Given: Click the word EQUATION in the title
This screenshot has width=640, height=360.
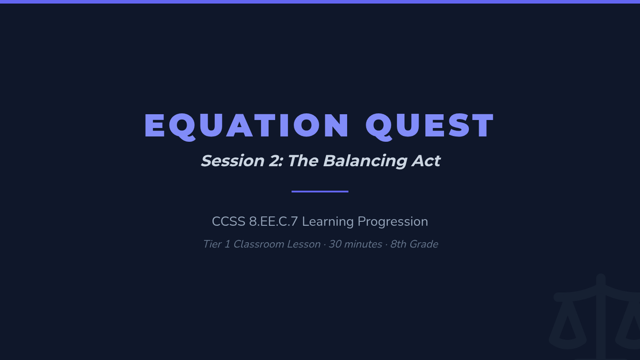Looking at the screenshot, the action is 246,126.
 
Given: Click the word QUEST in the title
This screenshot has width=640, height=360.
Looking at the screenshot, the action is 430,126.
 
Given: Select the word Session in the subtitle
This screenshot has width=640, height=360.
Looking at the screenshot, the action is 233,161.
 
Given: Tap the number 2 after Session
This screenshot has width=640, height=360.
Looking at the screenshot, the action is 275,161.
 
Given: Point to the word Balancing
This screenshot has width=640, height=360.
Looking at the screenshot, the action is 365,162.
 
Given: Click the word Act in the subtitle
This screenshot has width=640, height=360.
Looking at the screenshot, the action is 426,161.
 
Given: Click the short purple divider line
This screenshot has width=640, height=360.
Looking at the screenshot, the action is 320,191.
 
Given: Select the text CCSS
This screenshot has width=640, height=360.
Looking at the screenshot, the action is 229,222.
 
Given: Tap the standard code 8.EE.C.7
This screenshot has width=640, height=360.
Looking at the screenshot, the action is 274,222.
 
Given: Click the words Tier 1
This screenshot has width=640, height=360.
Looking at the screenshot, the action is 217,244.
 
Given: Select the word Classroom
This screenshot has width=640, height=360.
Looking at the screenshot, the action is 259,244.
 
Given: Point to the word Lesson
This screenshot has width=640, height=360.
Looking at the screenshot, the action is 303,244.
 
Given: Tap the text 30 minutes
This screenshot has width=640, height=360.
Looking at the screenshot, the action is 355,244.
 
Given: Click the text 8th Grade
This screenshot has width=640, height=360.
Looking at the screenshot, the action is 414,245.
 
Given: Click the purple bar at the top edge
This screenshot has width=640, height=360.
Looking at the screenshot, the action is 320,2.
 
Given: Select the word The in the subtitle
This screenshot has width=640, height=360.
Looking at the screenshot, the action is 303,161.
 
